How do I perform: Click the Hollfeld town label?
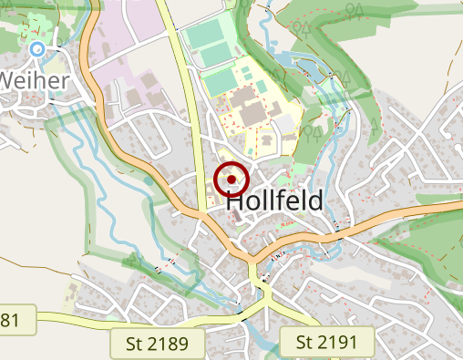273,201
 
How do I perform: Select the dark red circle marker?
231,180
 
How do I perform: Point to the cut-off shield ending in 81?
15,320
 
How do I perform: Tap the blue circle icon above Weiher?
36,48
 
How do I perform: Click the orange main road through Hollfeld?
137,164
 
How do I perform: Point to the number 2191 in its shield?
346,343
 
